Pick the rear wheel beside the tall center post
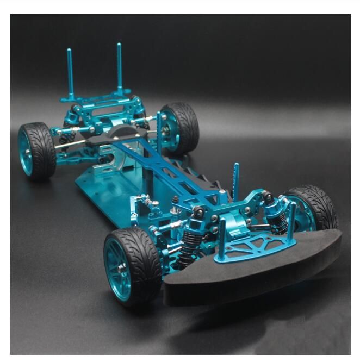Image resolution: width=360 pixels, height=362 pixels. pyautogui.click(x=179, y=128)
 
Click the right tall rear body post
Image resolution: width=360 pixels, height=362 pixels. pyautogui.click(x=120, y=67)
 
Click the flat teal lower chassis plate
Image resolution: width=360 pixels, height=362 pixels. pyautogui.click(x=103, y=190)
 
